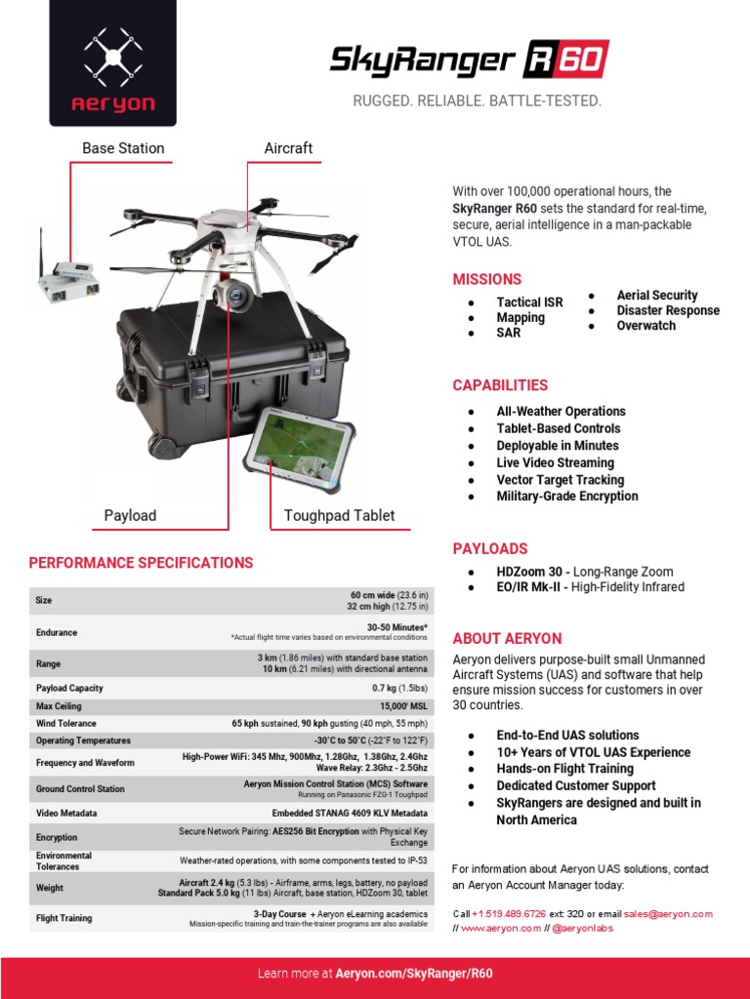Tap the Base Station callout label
[x=123, y=148]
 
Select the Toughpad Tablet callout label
[x=339, y=515]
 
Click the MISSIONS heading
[x=486, y=279]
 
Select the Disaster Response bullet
[x=668, y=310]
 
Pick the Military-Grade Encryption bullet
[x=566, y=496]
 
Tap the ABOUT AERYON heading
[x=507, y=638]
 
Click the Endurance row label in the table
[x=57, y=632]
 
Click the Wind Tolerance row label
[x=66, y=723]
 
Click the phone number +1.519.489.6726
[x=509, y=913]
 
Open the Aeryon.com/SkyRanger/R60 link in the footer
[x=413, y=974]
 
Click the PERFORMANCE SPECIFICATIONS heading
[x=141, y=563]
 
